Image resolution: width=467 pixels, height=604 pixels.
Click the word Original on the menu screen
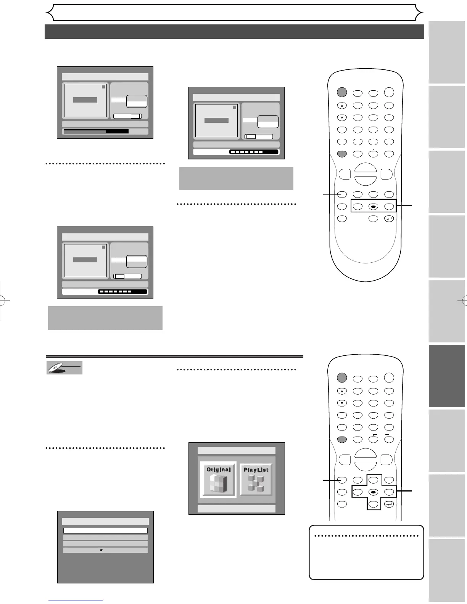click(x=219, y=469)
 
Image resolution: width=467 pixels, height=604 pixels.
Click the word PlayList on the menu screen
click(x=256, y=470)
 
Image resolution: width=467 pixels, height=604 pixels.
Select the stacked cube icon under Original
click(x=218, y=484)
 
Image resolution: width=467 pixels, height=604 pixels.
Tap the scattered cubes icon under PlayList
click(x=256, y=484)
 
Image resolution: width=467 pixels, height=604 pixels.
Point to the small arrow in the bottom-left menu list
click(x=101, y=550)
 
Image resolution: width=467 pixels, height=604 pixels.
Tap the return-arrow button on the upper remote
click(x=389, y=219)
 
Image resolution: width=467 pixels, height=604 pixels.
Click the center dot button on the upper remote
click(x=373, y=206)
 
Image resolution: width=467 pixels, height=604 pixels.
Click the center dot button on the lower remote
click(x=373, y=492)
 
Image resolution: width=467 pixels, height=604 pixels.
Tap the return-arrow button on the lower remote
click(x=389, y=504)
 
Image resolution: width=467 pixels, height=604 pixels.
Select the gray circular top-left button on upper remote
click(x=342, y=92)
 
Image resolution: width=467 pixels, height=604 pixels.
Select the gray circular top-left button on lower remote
click(x=342, y=377)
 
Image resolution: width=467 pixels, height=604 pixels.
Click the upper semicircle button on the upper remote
click(x=365, y=169)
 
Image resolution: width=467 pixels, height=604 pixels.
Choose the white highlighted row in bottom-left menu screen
click(x=105, y=530)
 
